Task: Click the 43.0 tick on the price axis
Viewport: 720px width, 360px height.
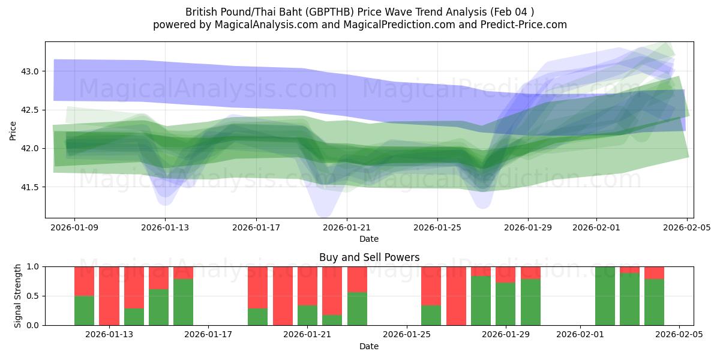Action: pos(30,71)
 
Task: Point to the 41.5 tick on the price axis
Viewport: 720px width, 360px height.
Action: pos(30,187)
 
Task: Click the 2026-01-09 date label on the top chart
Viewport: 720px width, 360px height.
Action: pos(74,228)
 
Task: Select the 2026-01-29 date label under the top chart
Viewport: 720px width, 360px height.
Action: pos(528,228)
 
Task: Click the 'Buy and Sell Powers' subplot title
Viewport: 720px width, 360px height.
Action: pos(369,257)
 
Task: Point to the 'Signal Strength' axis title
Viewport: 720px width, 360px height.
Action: pos(18,296)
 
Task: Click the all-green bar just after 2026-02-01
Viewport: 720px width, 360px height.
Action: pos(605,296)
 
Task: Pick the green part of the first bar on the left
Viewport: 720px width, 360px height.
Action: pos(84,310)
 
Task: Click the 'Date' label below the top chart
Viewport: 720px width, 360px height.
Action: pos(368,239)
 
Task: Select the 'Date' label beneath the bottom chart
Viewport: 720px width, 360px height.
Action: pos(368,346)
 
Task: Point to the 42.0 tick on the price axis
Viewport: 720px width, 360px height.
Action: pos(30,149)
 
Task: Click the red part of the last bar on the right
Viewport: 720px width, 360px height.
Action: pos(654,272)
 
